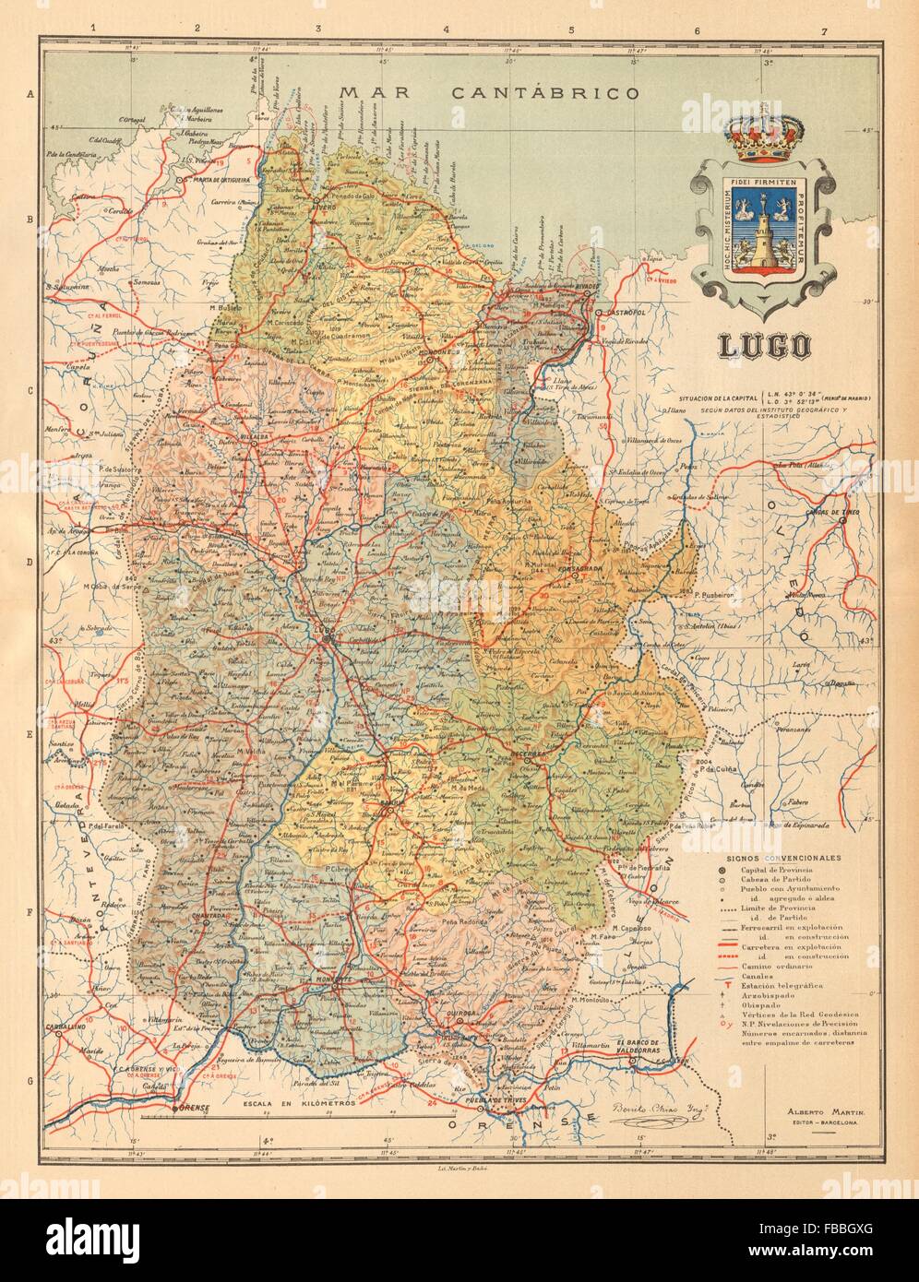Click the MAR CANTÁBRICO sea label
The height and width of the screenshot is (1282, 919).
(489, 92)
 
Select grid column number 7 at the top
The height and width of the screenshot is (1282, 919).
(823, 32)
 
